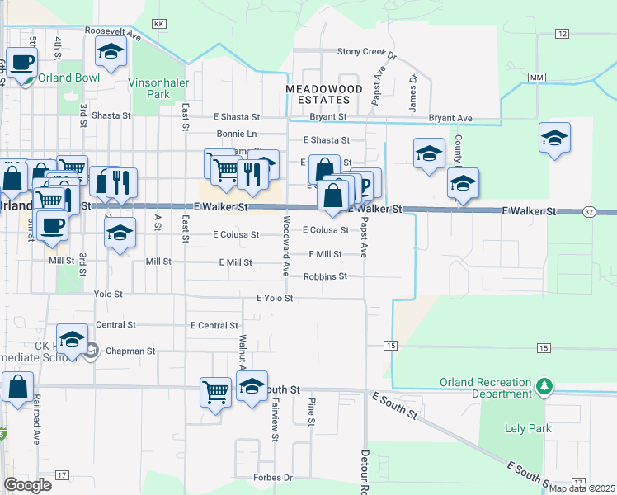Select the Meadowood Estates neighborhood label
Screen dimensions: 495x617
(x=318, y=93)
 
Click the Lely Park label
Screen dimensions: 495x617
(x=521, y=429)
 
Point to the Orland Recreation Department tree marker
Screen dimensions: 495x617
(x=544, y=385)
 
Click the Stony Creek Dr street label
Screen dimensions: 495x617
(x=367, y=51)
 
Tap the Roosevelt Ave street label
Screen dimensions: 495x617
(x=114, y=31)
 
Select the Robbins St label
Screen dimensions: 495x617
(x=325, y=276)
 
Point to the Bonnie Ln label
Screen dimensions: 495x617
(x=237, y=134)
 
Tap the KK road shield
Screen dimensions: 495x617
(x=160, y=24)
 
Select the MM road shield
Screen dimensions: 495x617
(x=538, y=77)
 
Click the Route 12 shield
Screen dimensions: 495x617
(x=562, y=33)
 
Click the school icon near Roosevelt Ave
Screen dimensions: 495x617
(x=111, y=52)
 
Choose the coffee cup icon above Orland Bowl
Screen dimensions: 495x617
(x=22, y=61)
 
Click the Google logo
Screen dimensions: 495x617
(x=27, y=485)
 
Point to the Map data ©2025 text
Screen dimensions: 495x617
(x=581, y=488)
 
